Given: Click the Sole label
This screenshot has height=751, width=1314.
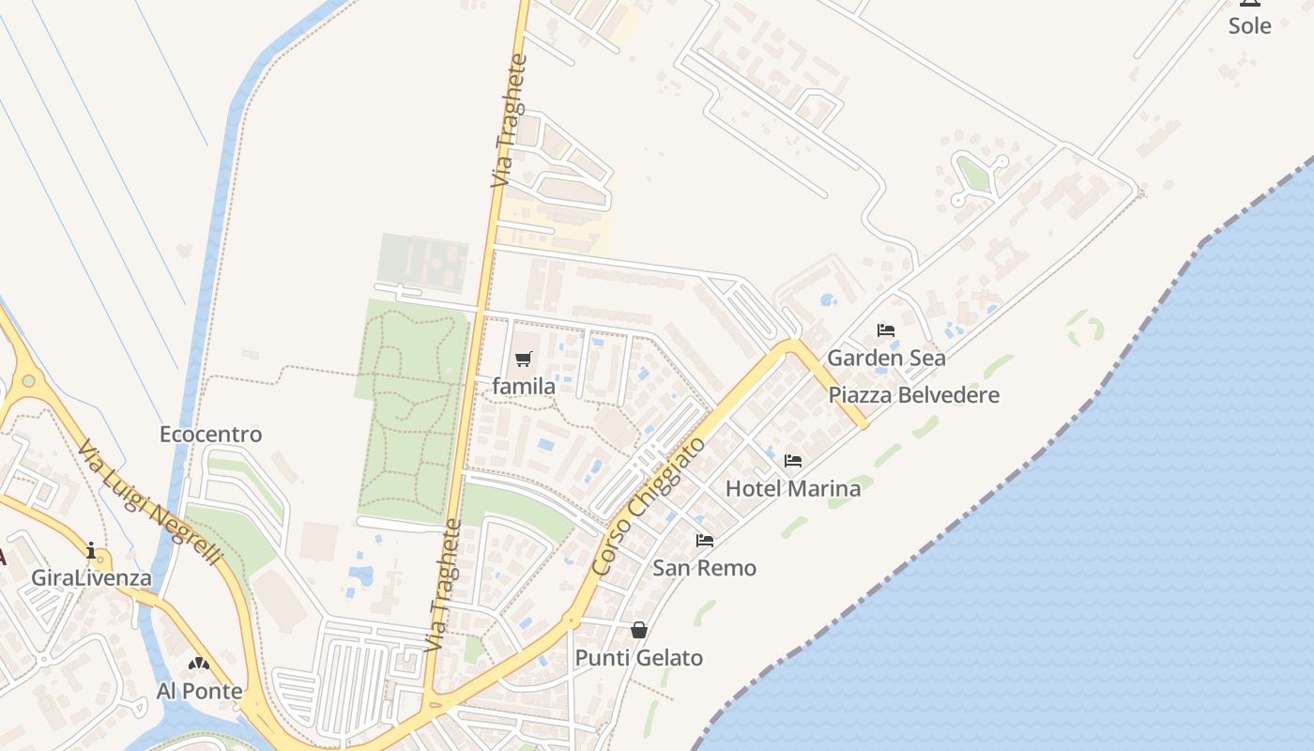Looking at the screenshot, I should click(1249, 26).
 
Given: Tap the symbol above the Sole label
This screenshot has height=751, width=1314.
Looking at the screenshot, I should click(1249, 3).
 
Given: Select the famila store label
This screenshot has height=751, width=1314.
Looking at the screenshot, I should click(524, 386).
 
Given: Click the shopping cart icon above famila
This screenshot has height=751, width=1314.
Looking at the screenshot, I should click(524, 359).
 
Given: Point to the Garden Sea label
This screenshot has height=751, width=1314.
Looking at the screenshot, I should click(886, 358).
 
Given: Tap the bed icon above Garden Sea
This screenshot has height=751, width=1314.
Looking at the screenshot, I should click(886, 330).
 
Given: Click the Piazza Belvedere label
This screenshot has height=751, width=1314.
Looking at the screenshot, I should click(913, 394).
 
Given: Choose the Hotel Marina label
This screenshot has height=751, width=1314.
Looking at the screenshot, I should click(793, 488).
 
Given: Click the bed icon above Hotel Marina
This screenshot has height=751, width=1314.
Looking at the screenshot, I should click(793, 461).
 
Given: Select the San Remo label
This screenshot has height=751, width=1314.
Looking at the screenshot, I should click(704, 567).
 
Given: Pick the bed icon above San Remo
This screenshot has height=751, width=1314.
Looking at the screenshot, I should click(705, 540).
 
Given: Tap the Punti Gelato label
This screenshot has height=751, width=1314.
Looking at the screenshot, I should click(638, 657).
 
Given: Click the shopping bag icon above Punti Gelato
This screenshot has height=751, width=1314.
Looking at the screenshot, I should click(639, 630).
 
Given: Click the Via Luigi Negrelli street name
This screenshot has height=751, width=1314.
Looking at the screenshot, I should click(150, 503).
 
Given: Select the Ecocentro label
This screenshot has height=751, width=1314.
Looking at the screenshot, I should click(210, 435).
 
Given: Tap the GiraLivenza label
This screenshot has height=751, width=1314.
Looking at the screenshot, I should click(91, 577).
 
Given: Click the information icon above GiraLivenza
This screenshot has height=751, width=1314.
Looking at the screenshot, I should click(91, 550).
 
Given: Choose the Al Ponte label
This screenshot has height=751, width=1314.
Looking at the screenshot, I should click(199, 692).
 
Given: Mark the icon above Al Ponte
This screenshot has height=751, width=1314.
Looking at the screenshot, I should click(199, 665).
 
